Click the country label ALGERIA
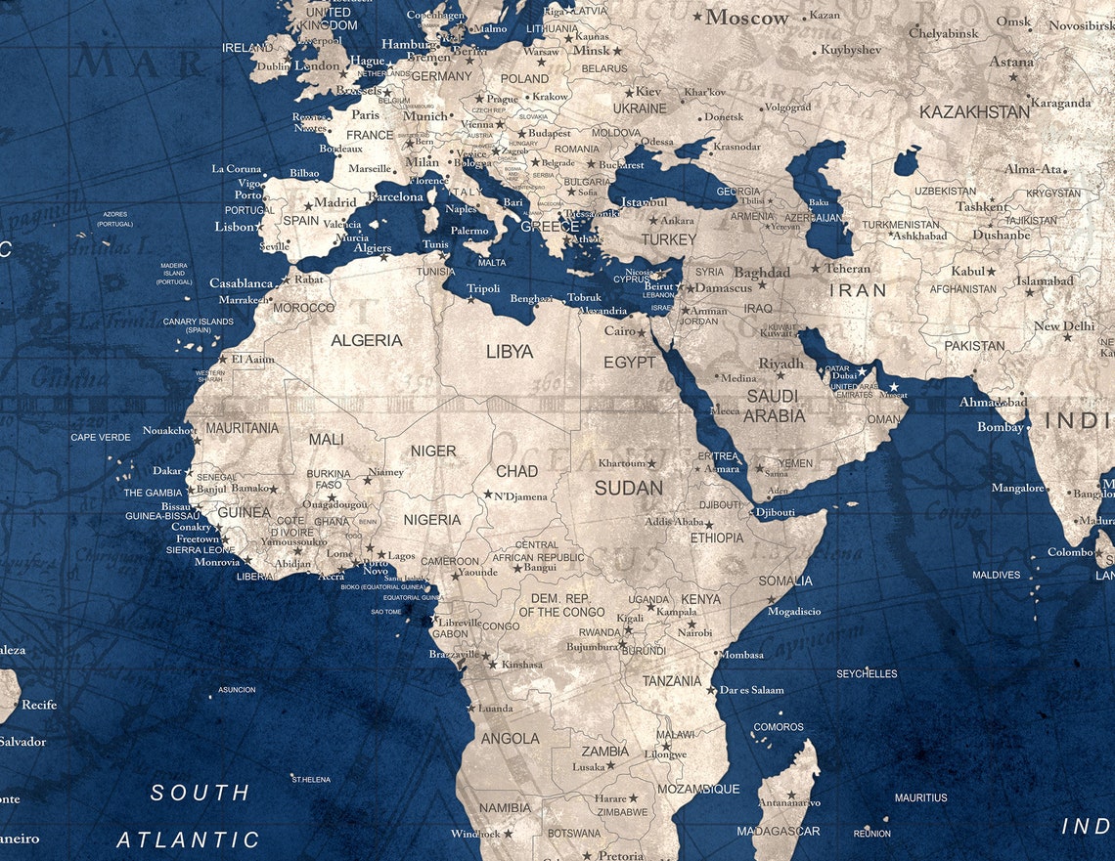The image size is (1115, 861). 367,340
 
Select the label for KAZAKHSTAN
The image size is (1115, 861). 974,111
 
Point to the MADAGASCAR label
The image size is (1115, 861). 778,831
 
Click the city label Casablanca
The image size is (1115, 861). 242,283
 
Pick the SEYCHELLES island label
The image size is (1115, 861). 867,673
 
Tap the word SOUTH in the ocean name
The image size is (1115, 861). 201,793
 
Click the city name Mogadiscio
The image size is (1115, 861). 795,612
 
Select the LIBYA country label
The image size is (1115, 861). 510,351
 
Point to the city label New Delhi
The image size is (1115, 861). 1064,326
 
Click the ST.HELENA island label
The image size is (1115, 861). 311,779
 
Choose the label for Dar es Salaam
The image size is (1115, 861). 752,690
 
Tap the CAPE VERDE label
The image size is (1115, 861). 100,437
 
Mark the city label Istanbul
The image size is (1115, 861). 644,201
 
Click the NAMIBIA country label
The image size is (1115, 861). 506,808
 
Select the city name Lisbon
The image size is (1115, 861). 235,227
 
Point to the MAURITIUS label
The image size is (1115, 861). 920,797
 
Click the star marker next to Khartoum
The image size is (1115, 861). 651,463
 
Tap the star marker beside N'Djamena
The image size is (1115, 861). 487,495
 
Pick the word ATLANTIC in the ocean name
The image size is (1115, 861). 189,839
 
